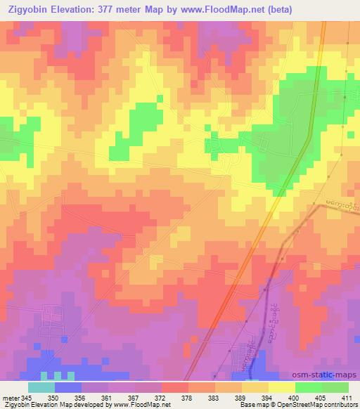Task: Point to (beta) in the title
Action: pos(279,9)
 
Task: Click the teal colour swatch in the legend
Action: pos(41,387)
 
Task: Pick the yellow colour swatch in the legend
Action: pos(281,387)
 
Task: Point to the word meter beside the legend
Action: pos(10,397)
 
